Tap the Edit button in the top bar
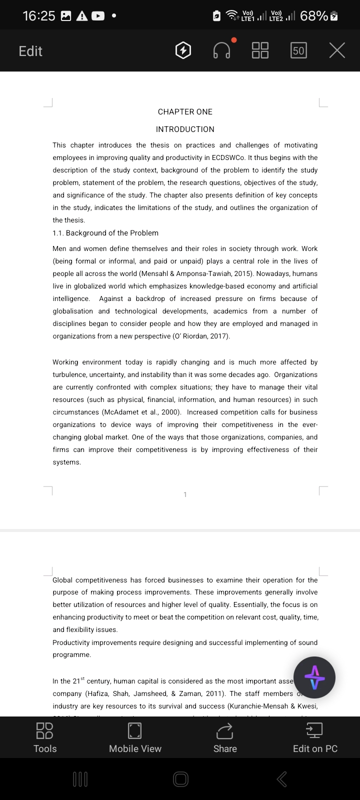pyautogui.click(x=30, y=51)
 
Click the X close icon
pyautogui.click(x=337, y=50)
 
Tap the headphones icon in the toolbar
pyautogui.click(x=222, y=50)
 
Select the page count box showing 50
pyautogui.click(x=298, y=50)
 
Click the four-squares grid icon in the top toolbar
pyautogui.click(x=260, y=50)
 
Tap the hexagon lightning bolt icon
pyautogui.click(x=183, y=50)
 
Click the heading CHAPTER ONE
pyautogui.click(x=185, y=112)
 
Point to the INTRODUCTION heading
pyautogui.click(x=185, y=129)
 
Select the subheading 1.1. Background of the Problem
pyautogui.click(x=105, y=233)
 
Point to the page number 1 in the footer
pyautogui.click(x=185, y=494)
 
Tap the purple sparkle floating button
pyautogui.click(x=314, y=677)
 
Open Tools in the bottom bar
pyautogui.click(x=45, y=737)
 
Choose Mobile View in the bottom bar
pyautogui.click(x=135, y=737)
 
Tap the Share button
pyautogui.click(x=225, y=737)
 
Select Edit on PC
pyautogui.click(x=315, y=737)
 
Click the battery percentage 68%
pyautogui.click(x=314, y=16)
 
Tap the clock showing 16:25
pyautogui.click(x=39, y=16)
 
